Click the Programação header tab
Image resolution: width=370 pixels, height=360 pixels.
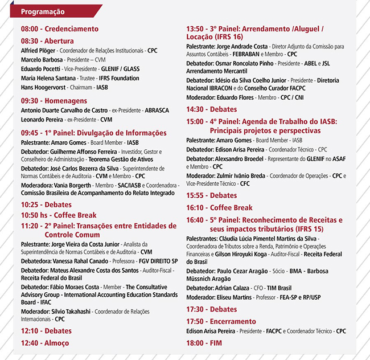pos(43,11)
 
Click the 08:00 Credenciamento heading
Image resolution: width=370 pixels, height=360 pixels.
pos(59,29)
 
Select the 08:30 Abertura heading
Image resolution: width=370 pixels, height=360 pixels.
pos(47,41)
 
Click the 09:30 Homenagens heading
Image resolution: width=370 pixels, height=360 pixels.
pos(54,100)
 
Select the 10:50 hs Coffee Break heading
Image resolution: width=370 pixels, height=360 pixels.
pos(59,215)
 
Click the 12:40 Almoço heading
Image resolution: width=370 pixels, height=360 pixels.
pos(44,343)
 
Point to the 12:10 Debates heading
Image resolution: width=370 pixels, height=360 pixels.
pos(46,331)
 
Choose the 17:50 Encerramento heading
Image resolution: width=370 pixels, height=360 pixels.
pos(221,321)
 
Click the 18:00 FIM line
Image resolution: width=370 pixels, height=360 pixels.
pos(204,343)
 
